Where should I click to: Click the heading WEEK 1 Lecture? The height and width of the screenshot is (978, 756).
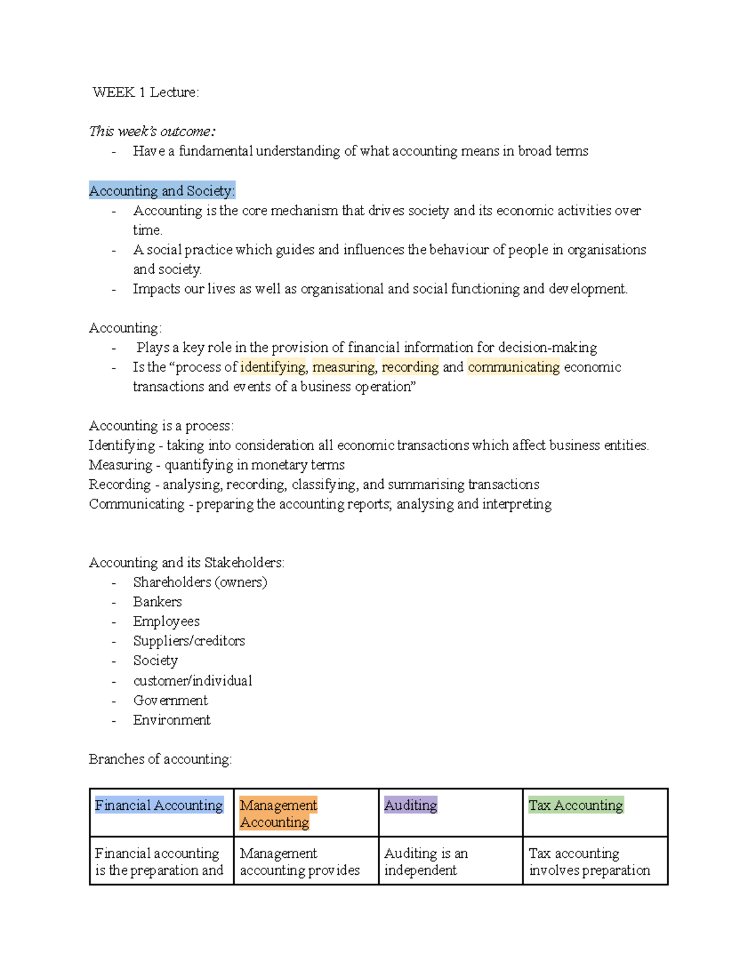tap(146, 93)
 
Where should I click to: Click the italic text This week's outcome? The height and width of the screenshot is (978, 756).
tap(152, 132)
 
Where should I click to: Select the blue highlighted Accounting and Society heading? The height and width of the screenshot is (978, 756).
tap(162, 191)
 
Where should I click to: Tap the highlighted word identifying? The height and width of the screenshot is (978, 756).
tap(273, 367)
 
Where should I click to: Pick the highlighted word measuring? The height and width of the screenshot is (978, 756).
tap(343, 367)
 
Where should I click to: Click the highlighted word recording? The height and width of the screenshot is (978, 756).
tap(410, 367)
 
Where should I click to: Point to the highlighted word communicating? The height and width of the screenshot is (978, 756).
tap(513, 367)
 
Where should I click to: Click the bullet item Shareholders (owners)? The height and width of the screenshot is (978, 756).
tap(200, 583)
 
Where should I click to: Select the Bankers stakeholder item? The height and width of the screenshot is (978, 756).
tap(157, 602)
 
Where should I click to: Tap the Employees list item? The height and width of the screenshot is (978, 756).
tap(166, 622)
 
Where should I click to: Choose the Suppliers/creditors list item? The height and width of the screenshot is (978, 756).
tap(189, 641)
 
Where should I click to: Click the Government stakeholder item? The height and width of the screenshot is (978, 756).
tap(170, 700)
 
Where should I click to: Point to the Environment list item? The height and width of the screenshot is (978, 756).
tap(171, 720)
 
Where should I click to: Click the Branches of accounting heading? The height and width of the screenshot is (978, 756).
tap(160, 759)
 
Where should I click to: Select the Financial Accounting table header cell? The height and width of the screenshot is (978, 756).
tap(159, 805)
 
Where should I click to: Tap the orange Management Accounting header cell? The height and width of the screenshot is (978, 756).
tap(278, 814)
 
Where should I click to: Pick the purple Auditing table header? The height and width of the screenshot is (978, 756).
tap(410, 805)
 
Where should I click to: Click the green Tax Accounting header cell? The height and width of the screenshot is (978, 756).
tap(576, 805)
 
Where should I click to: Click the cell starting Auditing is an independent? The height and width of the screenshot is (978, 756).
tap(426, 861)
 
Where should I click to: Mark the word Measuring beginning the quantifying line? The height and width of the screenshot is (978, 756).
tap(120, 465)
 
